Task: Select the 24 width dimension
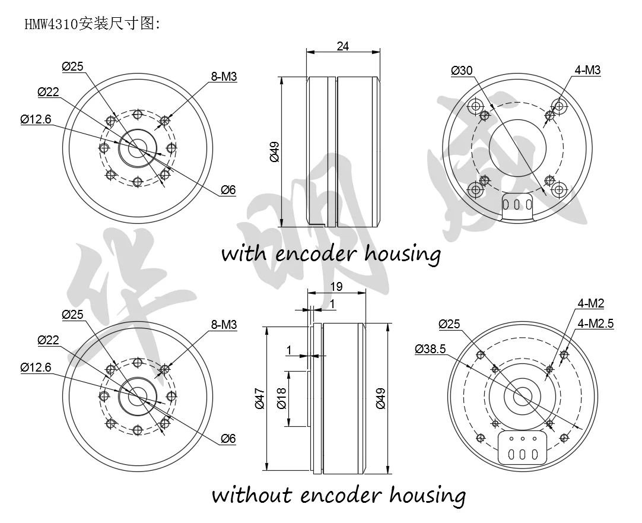pyautogui.click(x=342, y=46)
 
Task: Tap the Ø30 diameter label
pyautogui.click(x=462, y=71)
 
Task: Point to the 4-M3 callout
pyautogui.click(x=587, y=71)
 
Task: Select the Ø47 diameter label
pyautogui.click(x=259, y=397)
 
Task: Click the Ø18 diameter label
pyautogui.click(x=282, y=398)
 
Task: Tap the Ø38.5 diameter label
pyautogui.click(x=430, y=350)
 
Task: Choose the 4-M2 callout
pyautogui.click(x=590, y=304)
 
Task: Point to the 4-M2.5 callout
pyautogui.click(x=595, y=324)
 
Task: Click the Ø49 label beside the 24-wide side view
pyautogui.click(x=274, y=152)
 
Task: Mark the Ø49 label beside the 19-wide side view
pyautogui.click(x=381, y=397)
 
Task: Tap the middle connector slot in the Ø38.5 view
pyautogui.click(x=523, y=454)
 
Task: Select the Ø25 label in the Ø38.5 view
pyautogui.click(x=450, y=324)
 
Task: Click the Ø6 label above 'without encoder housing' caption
pyautogui.click(x=228, y=439)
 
